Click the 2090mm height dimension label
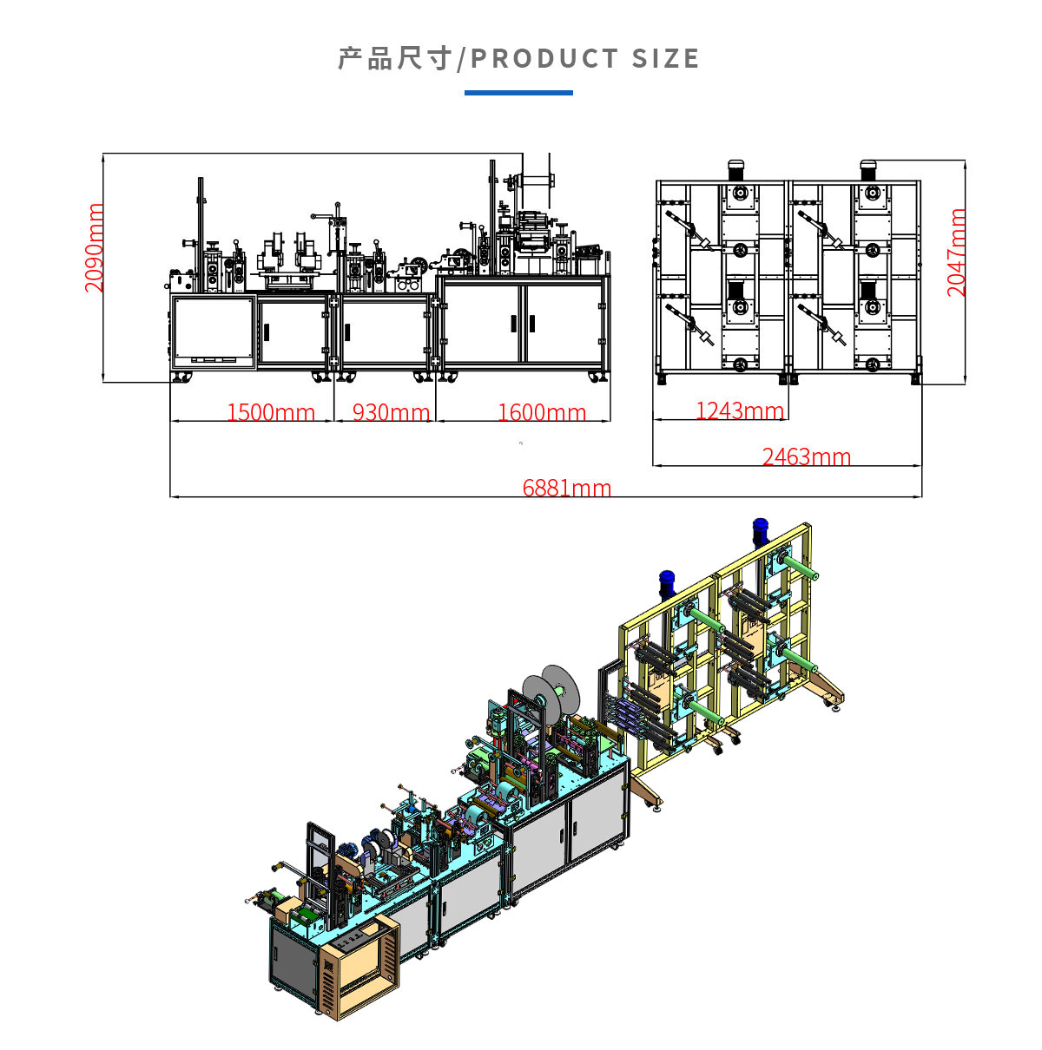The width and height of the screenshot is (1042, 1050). (x=95, y=248)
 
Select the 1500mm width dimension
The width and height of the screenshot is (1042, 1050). (x=271, y=412)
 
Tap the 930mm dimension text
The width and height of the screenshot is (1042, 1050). (x=391, y=412)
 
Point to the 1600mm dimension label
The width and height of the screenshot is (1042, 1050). (x=542, y=412)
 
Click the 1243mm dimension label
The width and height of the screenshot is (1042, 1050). (x=740, y=410)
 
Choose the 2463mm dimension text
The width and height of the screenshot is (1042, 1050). (x=807, y=456)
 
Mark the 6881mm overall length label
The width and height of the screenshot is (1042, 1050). (x=567, y=488)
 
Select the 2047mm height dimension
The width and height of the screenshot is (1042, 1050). (x=956, y=253)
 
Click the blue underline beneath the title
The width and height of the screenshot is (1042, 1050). (x=518, y=92)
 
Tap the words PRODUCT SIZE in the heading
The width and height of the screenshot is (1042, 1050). (x=584, y=59)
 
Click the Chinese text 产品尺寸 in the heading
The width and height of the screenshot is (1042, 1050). (x=395, y=59)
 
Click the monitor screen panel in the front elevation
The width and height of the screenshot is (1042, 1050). (x=213, y=330)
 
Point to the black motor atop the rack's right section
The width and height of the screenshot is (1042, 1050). (x=868, y=168)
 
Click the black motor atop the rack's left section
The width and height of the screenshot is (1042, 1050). (x=736, y=168)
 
